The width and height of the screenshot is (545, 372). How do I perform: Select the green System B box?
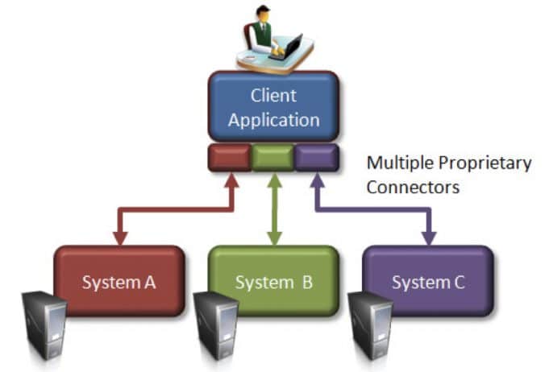274,282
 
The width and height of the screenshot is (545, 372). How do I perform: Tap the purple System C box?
428,282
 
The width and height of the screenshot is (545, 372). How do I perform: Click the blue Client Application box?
273,108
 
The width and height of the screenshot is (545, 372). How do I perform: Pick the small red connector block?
230,158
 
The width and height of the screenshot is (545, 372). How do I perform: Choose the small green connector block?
273,158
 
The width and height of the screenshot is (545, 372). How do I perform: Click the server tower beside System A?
44,326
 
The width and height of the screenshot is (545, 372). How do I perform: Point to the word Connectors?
413,188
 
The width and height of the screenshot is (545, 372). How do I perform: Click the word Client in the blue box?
273,97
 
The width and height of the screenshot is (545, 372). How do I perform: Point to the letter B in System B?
307,283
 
